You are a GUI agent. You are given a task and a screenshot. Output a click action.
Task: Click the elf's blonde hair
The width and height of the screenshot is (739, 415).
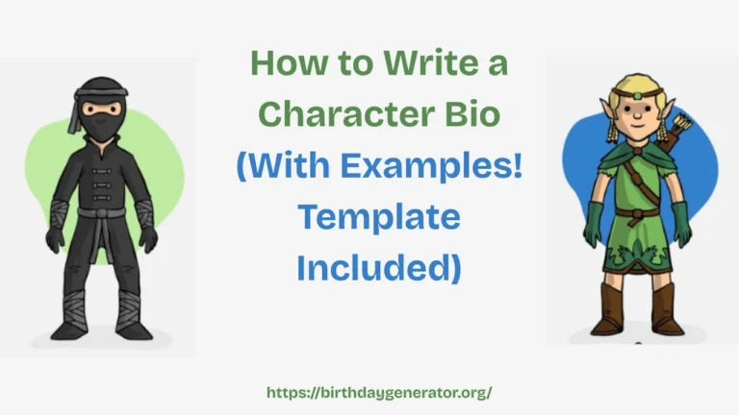630,86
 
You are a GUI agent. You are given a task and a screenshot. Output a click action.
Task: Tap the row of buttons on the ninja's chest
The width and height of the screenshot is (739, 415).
101,173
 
